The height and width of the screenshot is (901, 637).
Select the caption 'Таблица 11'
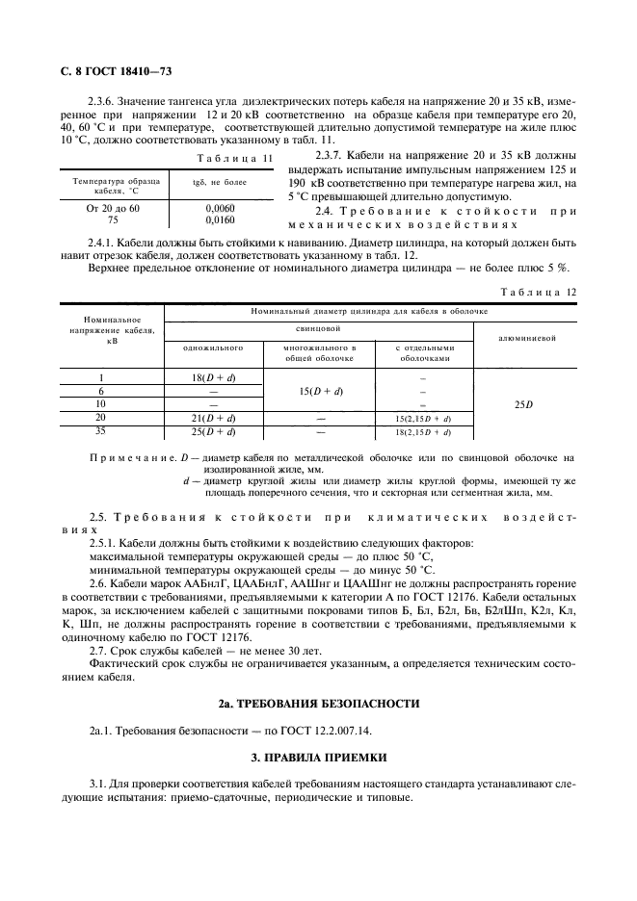click(235, 157)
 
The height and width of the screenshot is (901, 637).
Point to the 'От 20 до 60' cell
click(113, 207)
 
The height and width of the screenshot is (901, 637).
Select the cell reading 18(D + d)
click(212, 377)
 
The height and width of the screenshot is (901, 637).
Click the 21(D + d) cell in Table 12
click(212, 418)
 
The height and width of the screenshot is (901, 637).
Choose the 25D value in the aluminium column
click(523, 404)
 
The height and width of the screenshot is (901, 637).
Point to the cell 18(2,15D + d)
click(423, 432)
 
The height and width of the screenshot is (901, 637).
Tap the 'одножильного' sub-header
click(212, 348)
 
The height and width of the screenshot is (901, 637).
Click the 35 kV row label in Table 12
click(101, 431)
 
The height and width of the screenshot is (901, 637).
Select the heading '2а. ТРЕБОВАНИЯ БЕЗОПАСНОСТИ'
click(318, 705)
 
